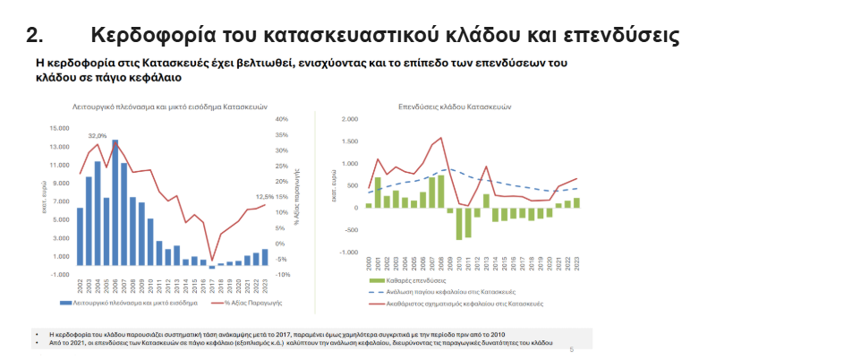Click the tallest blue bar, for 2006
click(115, 201)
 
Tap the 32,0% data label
click(97, 135)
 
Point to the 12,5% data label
click(265, 197)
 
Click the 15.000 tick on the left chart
click(58, 129)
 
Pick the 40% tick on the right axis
click(281, 119)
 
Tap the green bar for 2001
click(378, 192)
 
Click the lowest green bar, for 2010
click(459, 223)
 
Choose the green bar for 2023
click(576, 202)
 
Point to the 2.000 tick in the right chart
click(350, 117)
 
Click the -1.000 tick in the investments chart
click(349, 253)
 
